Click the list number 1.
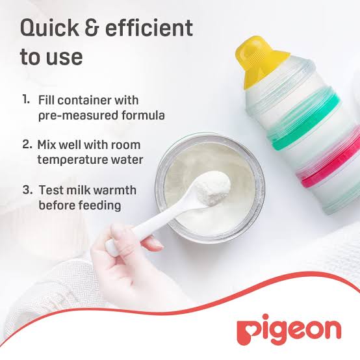pos(26,101)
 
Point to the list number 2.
pos(27,144)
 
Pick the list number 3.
pos(27,190)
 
